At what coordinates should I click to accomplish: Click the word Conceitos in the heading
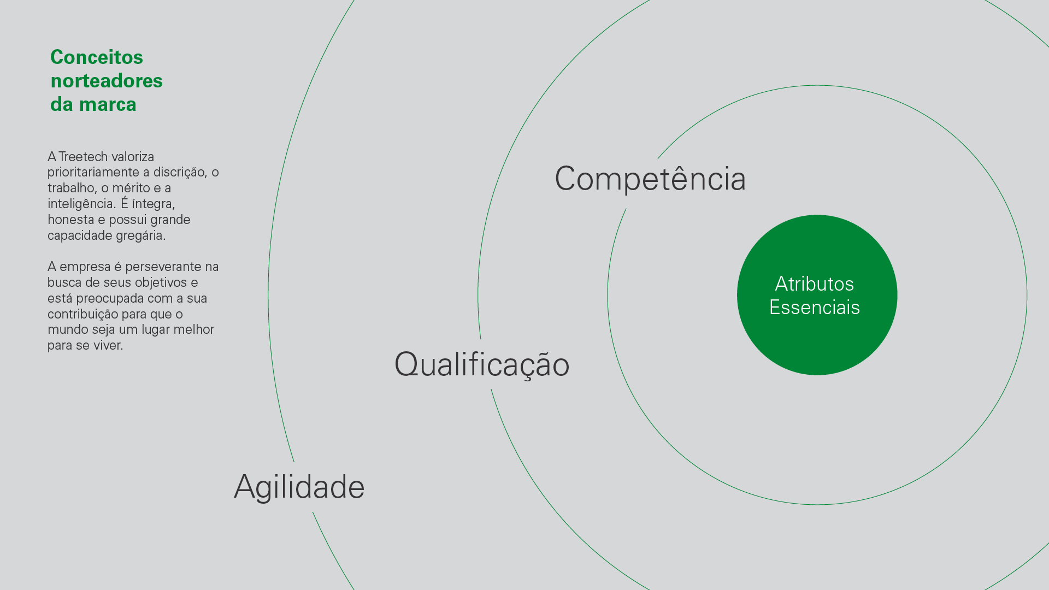point(97,57)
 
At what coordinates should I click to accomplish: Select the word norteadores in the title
point(107,81)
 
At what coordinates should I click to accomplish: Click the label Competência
point(650,178)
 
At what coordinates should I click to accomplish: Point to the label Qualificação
point(482,364)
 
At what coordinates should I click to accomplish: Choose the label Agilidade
point(299,487)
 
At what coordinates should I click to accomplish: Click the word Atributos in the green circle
point(815,284)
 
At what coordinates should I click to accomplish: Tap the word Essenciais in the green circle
point(815,308)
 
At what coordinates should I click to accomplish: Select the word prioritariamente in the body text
point(93,173)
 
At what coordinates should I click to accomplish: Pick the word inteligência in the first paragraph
point(80,204)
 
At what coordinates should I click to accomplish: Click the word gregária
point(140,236)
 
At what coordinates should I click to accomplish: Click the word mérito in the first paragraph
point(131,188)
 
